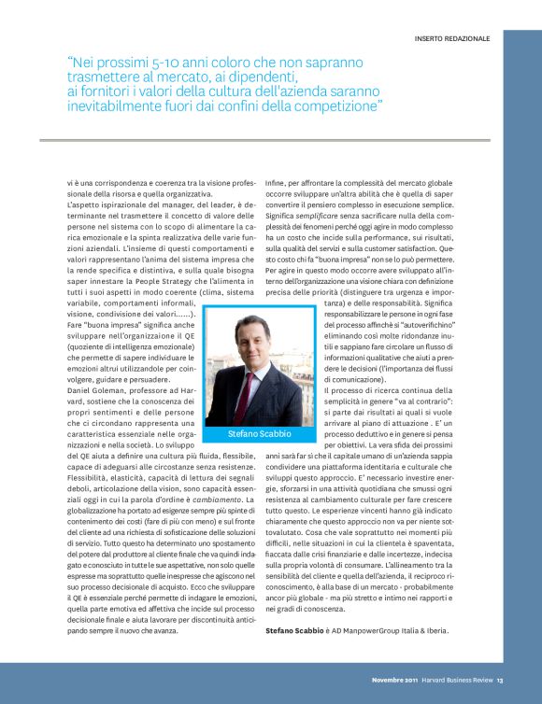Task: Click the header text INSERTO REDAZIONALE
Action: [x=451, y=38]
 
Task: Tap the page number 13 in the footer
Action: [x=501, y=680]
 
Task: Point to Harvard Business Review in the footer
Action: [x=455, y=680]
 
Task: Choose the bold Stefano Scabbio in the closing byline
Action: [x=293, y=631]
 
